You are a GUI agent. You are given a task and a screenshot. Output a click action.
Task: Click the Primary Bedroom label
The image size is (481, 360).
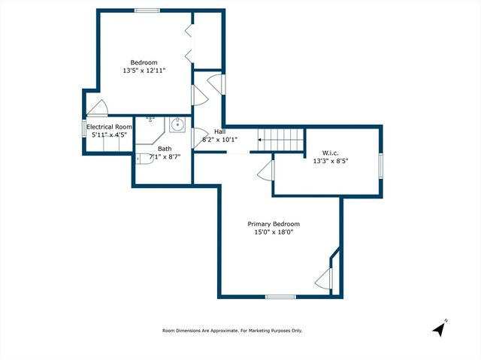click(x=274, y=224)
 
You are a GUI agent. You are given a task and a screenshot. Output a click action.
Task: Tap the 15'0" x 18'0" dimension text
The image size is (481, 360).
click(x=274, y=233)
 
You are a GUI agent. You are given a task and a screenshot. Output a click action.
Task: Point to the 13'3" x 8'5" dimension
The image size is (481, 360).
click(x=330, y=161)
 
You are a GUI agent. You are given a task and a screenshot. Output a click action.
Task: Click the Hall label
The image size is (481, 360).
click(x=219, y=131)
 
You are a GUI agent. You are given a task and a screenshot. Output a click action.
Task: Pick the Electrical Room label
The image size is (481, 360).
click(x=109, y=127)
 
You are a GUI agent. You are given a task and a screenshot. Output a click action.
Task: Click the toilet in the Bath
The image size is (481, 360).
click(x=142, y=158)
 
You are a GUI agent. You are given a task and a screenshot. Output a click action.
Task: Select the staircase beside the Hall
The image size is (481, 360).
click(x=283, y=139)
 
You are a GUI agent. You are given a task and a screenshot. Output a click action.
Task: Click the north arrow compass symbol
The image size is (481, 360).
click(x=440, y=328)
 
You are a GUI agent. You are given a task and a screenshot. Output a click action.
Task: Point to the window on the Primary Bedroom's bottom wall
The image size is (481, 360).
click(x=280, y=297)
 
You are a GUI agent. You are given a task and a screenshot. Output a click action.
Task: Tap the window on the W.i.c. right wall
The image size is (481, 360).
click(x=380, y=165)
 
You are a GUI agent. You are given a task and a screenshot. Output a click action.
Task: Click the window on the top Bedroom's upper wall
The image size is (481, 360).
click(x=147, y=11)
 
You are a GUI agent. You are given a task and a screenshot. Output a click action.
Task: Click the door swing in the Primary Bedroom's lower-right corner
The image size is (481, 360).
click(x=323, y=277)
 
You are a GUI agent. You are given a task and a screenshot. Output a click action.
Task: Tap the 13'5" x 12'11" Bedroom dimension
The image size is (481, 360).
click(x=144, y=71)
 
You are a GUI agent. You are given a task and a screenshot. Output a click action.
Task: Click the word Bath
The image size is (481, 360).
click(x=164, y=149)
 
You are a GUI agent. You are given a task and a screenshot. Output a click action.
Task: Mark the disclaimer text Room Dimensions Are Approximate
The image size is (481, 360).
click(x=232, y=331)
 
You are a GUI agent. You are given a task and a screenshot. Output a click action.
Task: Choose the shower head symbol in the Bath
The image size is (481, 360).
click(x=150, y=119)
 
